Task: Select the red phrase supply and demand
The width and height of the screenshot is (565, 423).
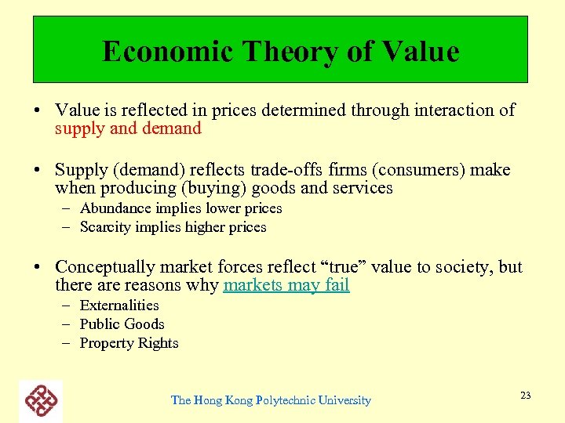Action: [128, 128]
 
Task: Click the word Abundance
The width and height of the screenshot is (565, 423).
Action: [116, 208]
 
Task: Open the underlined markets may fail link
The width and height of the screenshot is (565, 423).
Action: [286, 285]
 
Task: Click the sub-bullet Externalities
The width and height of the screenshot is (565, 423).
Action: [119, 305]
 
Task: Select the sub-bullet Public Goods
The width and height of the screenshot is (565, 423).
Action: [122, 324]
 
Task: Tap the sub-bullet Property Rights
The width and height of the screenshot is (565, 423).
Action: [129, 343]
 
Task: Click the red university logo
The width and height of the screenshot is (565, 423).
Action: [41, 400]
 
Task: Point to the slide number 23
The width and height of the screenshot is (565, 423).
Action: [525, 396]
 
